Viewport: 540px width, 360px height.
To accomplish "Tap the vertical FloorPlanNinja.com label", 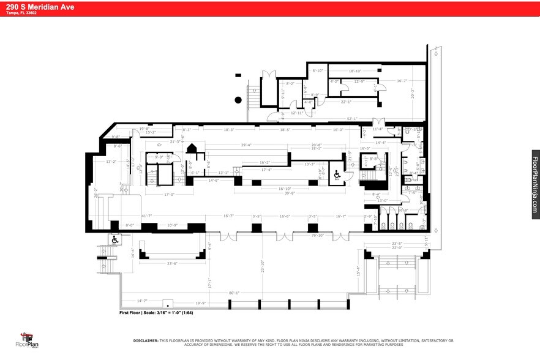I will pyautogui.click(x=535, y=184).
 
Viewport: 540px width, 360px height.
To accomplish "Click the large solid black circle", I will pyautogui.click(x=238, y=99).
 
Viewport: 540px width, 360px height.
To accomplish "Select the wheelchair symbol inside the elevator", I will pyautogui.click(x=336, y=174).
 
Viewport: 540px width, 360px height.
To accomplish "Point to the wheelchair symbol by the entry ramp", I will pyautogui.click(x=114, y=240).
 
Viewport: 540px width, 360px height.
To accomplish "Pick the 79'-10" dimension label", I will pyautogui.click(x=317, y=234).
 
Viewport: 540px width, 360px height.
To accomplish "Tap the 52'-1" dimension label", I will pyautogui.click(x=352, y=119).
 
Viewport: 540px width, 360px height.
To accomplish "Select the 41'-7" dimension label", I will pyautogui.click(x=129, y=216).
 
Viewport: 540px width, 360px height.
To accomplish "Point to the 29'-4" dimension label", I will pyautogui.click(x=247, y=145).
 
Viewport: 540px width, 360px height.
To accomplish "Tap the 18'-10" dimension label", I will pyautogui.click(x=356, y=71).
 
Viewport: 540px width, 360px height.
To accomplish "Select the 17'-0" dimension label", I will pyautogui.click(x=170, y=195).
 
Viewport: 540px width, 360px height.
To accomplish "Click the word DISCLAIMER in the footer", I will pyautogui.click(x=145, y=340).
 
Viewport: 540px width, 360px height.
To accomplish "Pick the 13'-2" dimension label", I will pyautogui.click(x=111, y=162).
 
